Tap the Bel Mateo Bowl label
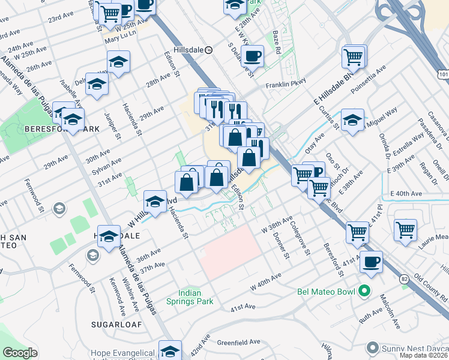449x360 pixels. (x=327, y=292)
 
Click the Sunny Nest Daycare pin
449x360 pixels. (x=373, y=347)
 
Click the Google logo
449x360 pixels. (x=20, y=353)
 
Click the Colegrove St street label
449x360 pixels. (x=298, y=240)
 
